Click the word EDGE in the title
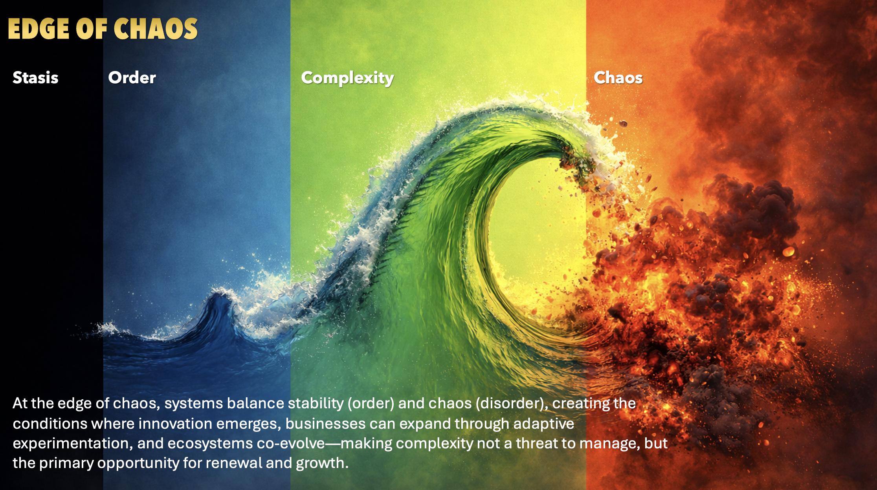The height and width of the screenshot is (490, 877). [x=39, y=29]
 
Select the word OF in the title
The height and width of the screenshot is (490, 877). [x=92, y=29]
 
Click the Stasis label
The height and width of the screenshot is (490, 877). [x=35, y=78]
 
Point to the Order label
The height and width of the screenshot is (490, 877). [x=132, y=78]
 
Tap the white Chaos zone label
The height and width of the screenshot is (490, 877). [x=618, y=78]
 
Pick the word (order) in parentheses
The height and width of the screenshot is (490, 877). [x=371, y=404]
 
